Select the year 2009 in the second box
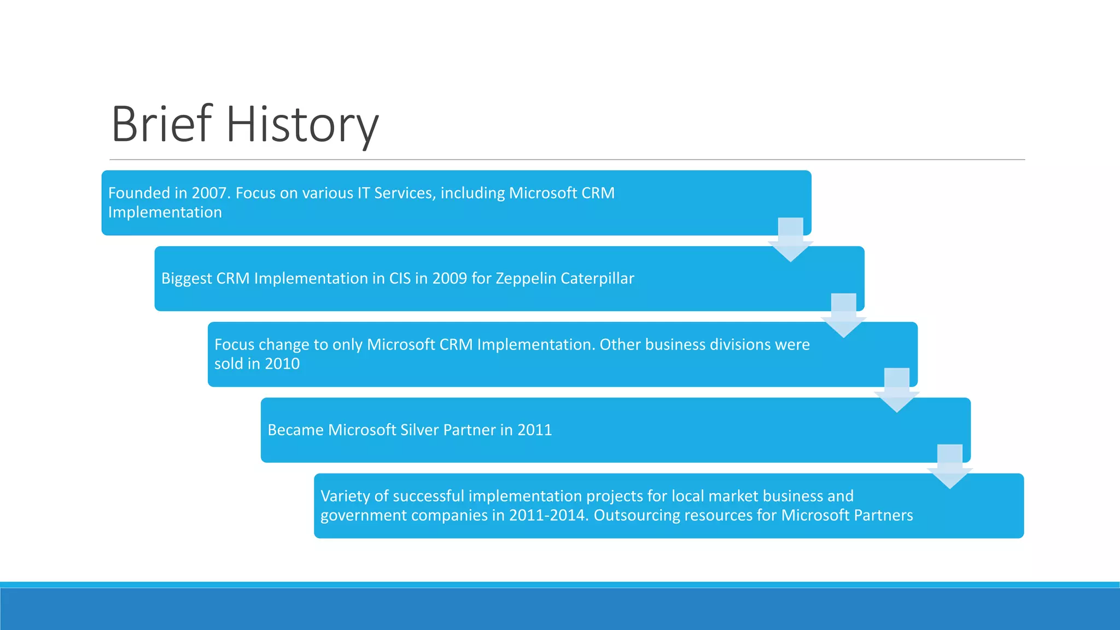click(450, 278)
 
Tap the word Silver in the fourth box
click(419, 430)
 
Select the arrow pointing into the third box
click(843, 316)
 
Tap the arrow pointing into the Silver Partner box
click(896, 390)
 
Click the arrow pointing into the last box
click(949, 466)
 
